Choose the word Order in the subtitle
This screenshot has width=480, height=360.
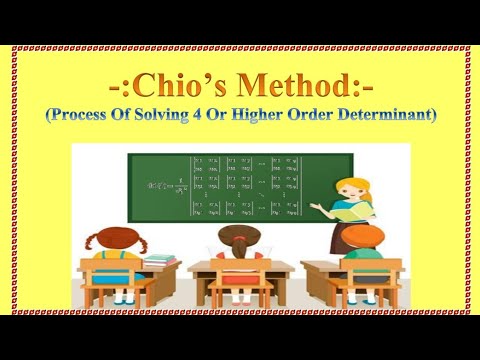pos(343,115)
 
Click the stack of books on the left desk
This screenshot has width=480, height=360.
pos(160,259)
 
